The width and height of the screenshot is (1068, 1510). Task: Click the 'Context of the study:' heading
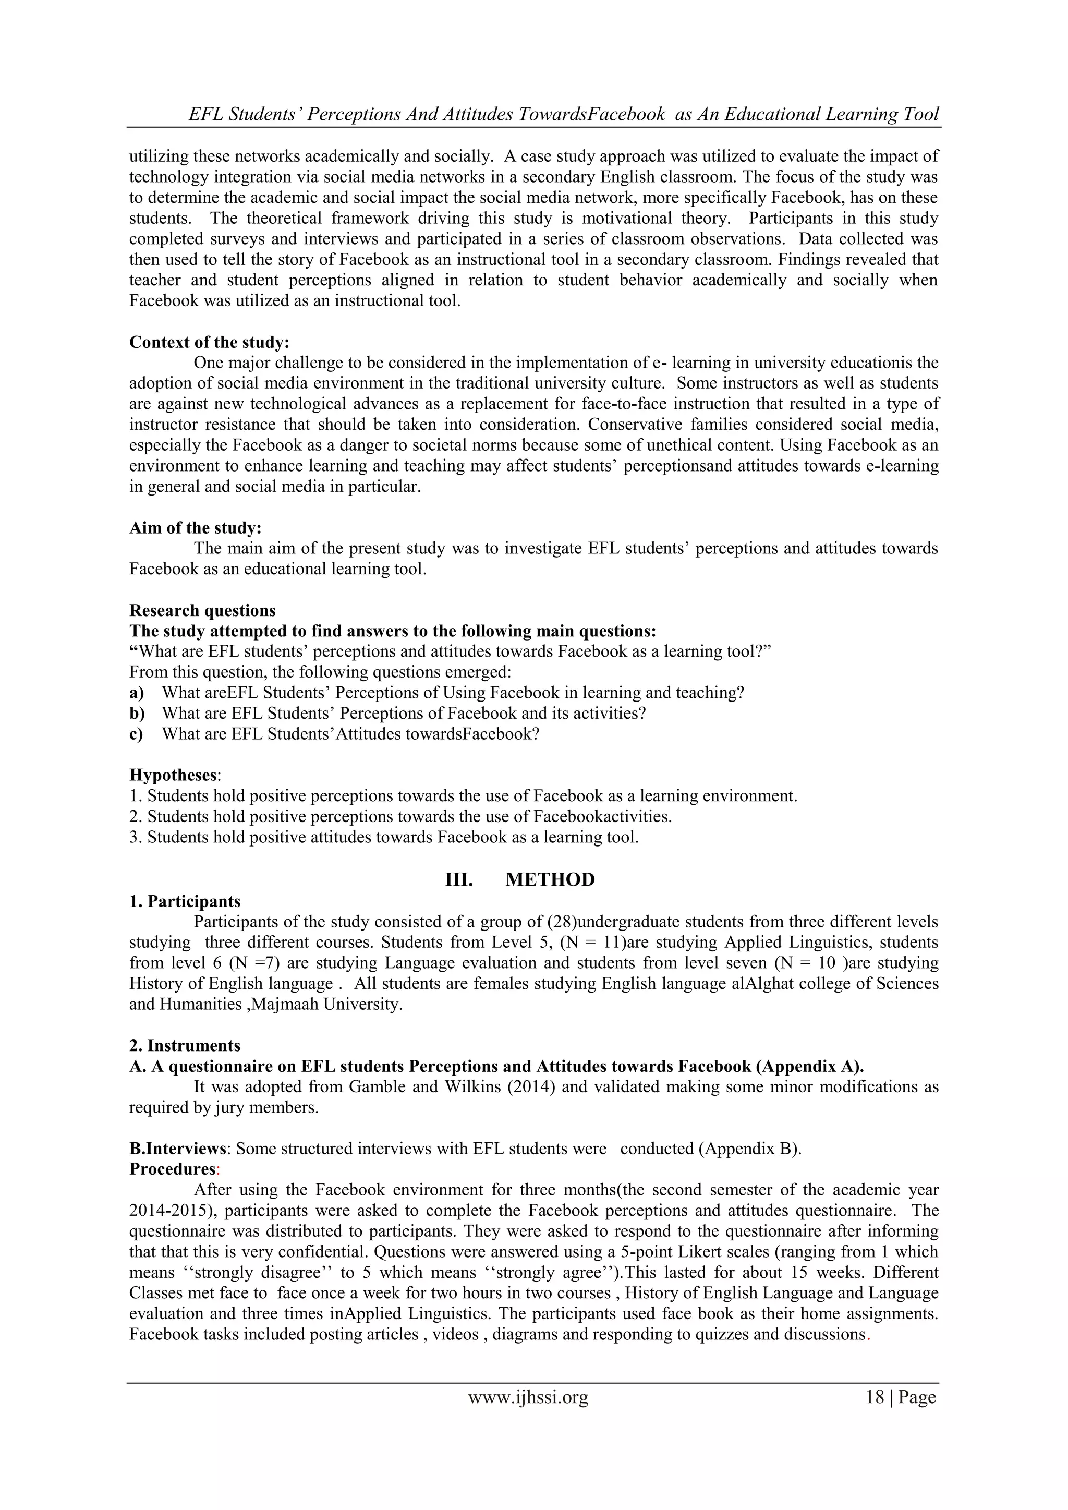pyautogui.click(x=209, y=343)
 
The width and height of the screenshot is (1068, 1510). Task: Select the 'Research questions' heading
pyautogui.click(x=202, y=610)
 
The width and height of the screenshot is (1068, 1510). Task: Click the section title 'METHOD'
pyautogui.click(x=550, y=880)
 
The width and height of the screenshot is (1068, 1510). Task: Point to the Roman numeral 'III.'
pyautogui.click(x=459, y=880)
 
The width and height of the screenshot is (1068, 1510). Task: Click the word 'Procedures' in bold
pyautogui.click(x=172, y=1169)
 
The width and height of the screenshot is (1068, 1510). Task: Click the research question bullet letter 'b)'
pyautogui.click(x=137, y=714)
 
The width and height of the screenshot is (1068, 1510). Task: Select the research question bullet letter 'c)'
pyautogui.click(x=136, y=734)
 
